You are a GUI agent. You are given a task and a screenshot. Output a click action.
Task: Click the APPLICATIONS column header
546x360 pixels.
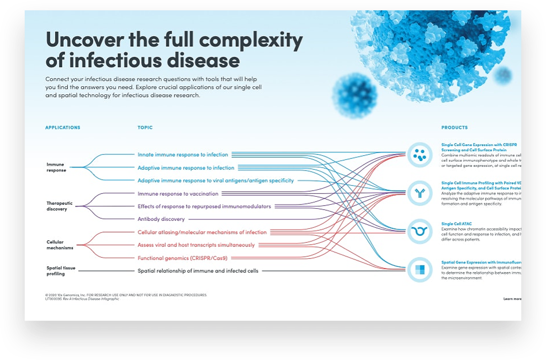(62, 127)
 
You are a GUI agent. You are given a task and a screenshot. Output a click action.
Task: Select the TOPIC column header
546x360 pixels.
(145, 127)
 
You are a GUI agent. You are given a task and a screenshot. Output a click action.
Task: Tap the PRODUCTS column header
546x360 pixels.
(454, 127)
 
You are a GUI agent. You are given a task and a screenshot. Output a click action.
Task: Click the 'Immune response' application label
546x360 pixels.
(56, 167)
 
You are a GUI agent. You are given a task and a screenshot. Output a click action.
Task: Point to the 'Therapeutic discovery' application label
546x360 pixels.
(59, 206)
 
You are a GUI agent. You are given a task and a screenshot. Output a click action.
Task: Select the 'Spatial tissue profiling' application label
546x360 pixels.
(61, 271)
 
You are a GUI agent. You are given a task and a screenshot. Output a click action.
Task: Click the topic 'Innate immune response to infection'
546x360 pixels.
(183, 155)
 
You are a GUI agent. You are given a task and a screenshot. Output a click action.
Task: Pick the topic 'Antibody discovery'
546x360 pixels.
(161, 220)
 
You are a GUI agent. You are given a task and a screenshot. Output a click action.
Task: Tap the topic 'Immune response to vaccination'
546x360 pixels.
(178, 194)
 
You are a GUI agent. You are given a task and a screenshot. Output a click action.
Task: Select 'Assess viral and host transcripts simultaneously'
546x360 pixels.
(196, 245)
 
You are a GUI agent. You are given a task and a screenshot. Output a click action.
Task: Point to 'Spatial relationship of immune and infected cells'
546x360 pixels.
(198, 271)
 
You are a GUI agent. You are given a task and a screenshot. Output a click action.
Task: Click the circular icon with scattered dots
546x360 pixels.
(420, 155)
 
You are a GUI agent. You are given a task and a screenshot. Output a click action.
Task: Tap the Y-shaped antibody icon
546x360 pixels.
(420, 193)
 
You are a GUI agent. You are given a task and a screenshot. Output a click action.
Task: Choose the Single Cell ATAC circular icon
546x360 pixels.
(420, 232)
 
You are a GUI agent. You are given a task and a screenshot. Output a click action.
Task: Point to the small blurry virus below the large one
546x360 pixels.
(354, 96)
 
